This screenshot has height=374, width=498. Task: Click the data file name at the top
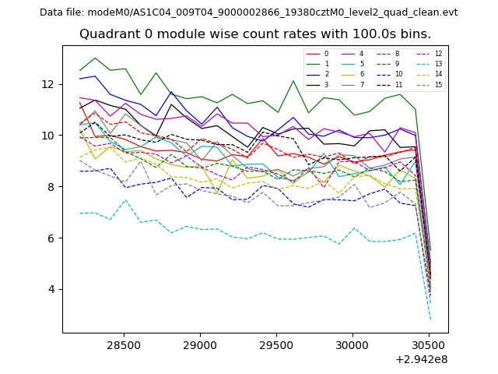(x=248, y=12)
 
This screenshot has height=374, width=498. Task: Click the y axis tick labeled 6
(x=51, y=238)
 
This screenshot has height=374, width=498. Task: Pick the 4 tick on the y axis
(x=51, y=289)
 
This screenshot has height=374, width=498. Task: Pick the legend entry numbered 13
(x=438, y=64)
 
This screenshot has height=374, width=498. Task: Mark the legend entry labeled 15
(x=438, y=84)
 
